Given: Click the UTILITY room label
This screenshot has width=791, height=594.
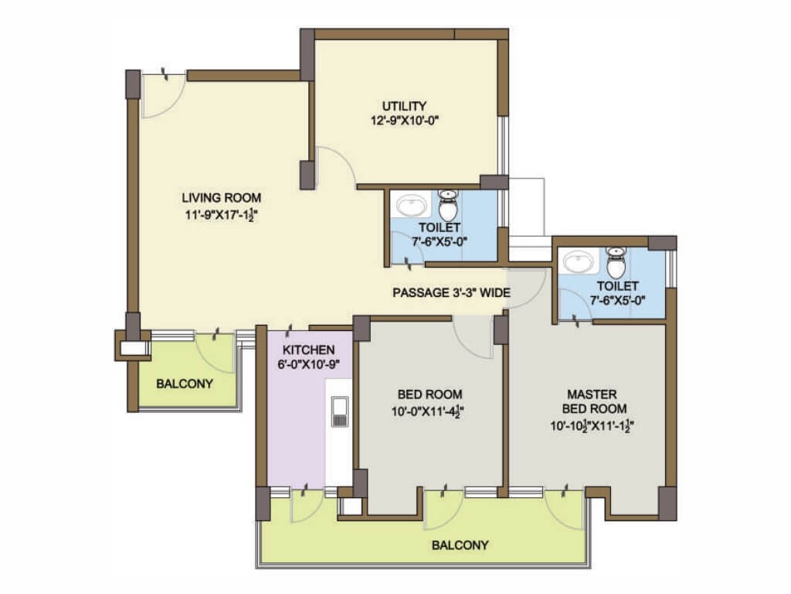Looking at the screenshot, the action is tap(403, 106).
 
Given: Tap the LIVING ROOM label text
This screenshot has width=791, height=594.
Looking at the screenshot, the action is tap(222, 197).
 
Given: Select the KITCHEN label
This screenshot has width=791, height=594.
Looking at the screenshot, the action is tap(308, 350).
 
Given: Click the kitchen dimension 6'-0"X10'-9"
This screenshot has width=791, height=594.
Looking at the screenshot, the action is tap(307, 364).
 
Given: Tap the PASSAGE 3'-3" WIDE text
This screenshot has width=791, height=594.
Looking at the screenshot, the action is tap(451, 292).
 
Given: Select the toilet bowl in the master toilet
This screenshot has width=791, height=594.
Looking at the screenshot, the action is tap(615, 261).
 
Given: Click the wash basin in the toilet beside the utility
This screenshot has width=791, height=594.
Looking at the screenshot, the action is tap(411, 206).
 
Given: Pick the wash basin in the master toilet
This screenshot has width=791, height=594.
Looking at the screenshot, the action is tap(578, 262).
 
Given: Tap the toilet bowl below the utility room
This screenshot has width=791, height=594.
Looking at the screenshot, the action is tap(447, 203).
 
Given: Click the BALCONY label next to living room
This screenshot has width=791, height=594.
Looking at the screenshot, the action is tap(184, 384).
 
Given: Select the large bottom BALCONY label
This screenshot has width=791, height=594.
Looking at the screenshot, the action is tap(460, 545).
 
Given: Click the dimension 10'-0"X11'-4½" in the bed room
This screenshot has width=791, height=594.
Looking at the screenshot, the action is tap(428, 412).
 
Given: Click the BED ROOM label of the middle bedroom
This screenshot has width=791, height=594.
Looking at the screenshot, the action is tap(429, 394).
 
